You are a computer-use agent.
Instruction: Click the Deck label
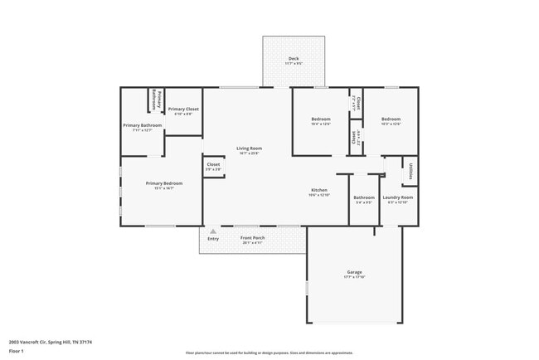pyautogui.click(x=294, y=58)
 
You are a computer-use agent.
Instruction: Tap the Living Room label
pyautogui.click(x=250, y=148)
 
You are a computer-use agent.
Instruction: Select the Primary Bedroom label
pyautogui.click(x=164, y=183)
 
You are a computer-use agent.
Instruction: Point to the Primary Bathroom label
pyautogui.click(x=143, y=125)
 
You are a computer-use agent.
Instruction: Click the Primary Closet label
pyautogui.click(x=183, y=109)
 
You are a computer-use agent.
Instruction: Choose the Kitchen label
pyautogui.click(x=319, y=190)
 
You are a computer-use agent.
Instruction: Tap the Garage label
pyautogui.click(x=354, y=272)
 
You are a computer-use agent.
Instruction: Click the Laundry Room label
pyautogui.click(x=397, y=197)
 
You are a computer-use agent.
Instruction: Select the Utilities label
pyautogui.click(x=410, y=171)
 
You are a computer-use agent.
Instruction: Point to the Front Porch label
pyautogui.click(x=252, y=238)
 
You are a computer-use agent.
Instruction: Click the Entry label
pyautogui.click(x=213, y=239)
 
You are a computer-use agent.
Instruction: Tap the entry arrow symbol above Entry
pyautogui.click(x=213, y=231)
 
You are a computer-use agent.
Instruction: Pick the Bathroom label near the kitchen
pyautogui.click(x=364, y=197)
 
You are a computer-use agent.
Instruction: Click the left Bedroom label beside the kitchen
pyautogui.click(x=320, y=119)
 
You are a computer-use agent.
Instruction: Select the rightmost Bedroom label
pyautogui.click(x=391, y=119)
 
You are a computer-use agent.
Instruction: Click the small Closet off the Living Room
pyautogui.click(x=213, y=164)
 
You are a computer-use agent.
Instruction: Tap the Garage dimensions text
pyautogui.click(x=354, y=277)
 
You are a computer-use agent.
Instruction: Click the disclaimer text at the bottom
pyautogui.click(x=269, y=353)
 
